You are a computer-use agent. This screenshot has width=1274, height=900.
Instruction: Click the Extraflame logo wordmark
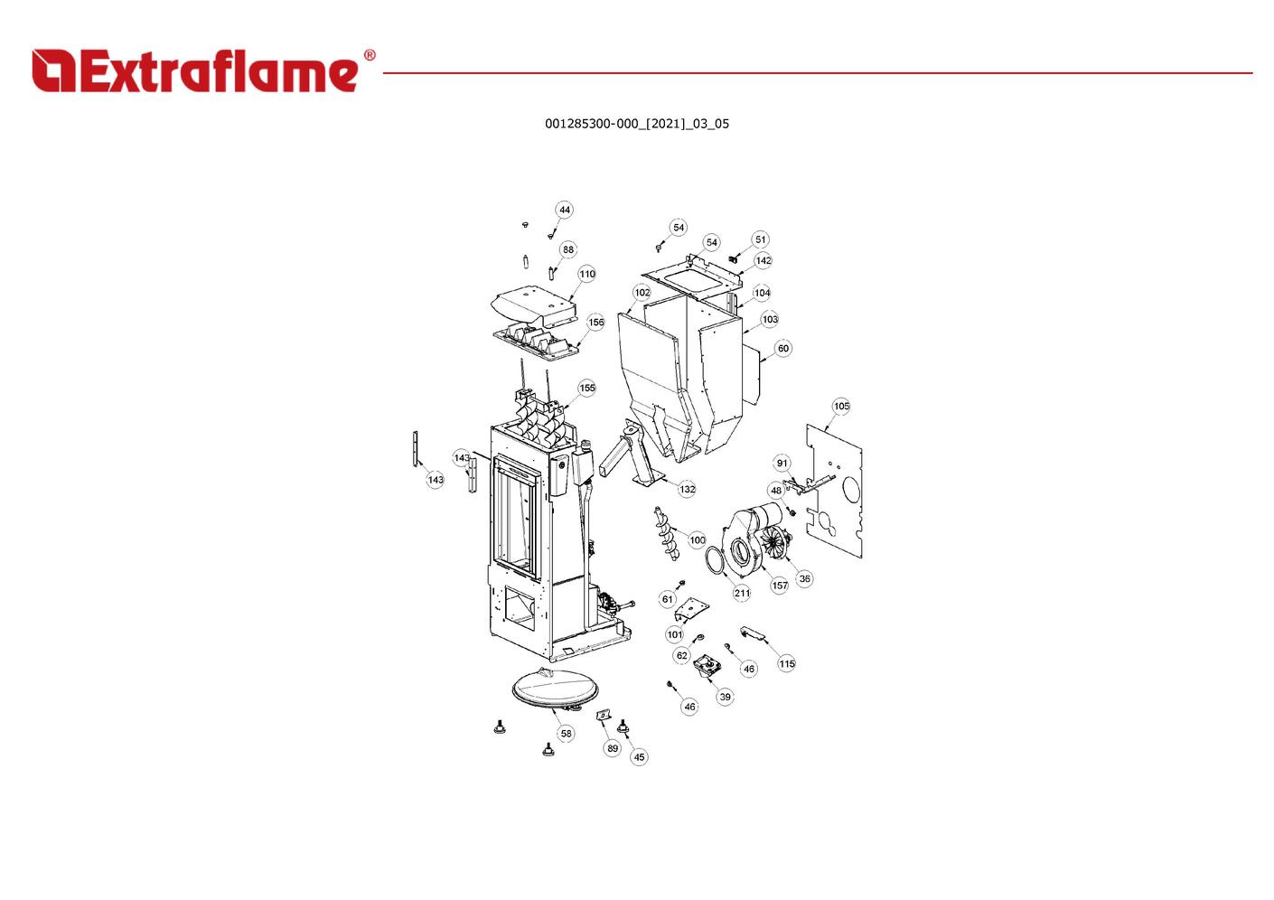pos(195,70)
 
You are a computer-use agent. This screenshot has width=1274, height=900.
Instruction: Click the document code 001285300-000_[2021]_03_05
pos(636,124)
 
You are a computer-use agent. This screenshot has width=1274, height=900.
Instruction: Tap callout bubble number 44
pos(564,210)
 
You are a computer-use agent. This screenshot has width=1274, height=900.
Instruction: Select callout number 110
pos(586,274)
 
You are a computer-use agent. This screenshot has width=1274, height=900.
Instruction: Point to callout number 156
pos(595,323)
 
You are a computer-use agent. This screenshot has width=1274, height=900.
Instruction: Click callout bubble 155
pos(586,388)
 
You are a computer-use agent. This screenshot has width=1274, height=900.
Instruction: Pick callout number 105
pos(840,407)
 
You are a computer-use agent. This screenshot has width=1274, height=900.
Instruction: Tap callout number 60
pos(783,348)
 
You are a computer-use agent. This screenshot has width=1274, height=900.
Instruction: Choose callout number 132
pos(687,489)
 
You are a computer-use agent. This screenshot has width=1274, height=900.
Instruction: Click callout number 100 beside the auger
pos(698,539)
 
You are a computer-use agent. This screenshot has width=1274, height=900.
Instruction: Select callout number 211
pos(742,593)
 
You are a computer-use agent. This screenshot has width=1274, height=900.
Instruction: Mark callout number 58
pos(566,734)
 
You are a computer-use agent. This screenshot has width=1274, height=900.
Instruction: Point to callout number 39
pos(725,697)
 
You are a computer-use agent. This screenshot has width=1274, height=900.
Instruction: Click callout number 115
pos(787,664)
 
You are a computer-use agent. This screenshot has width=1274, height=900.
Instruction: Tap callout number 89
pos(612,748)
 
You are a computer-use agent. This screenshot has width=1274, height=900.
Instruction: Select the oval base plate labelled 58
pos(556,690)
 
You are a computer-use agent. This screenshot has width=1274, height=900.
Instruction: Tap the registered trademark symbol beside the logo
pos(370,55)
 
